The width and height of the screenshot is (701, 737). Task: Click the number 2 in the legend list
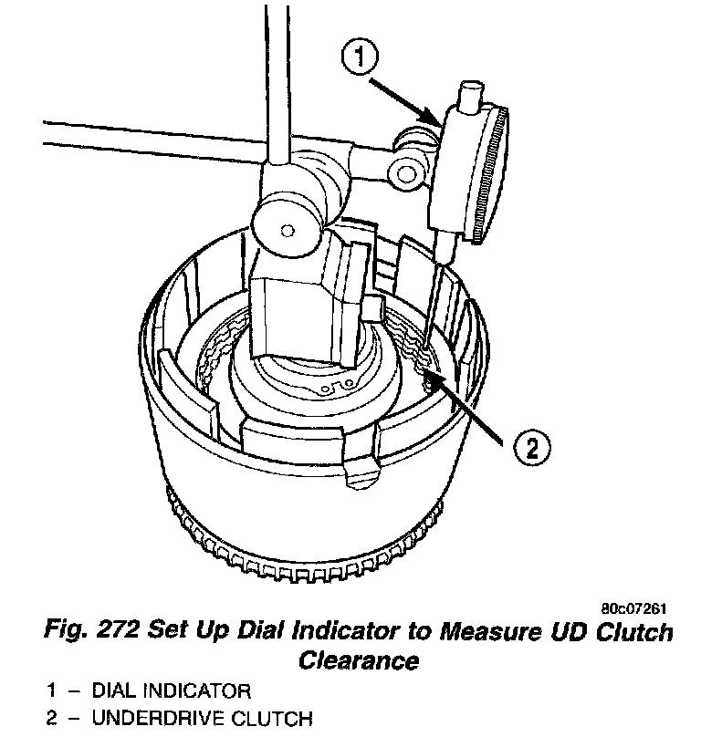click(x=53, y=719)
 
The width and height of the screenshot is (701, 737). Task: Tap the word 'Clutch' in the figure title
click(x=639, y=632)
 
